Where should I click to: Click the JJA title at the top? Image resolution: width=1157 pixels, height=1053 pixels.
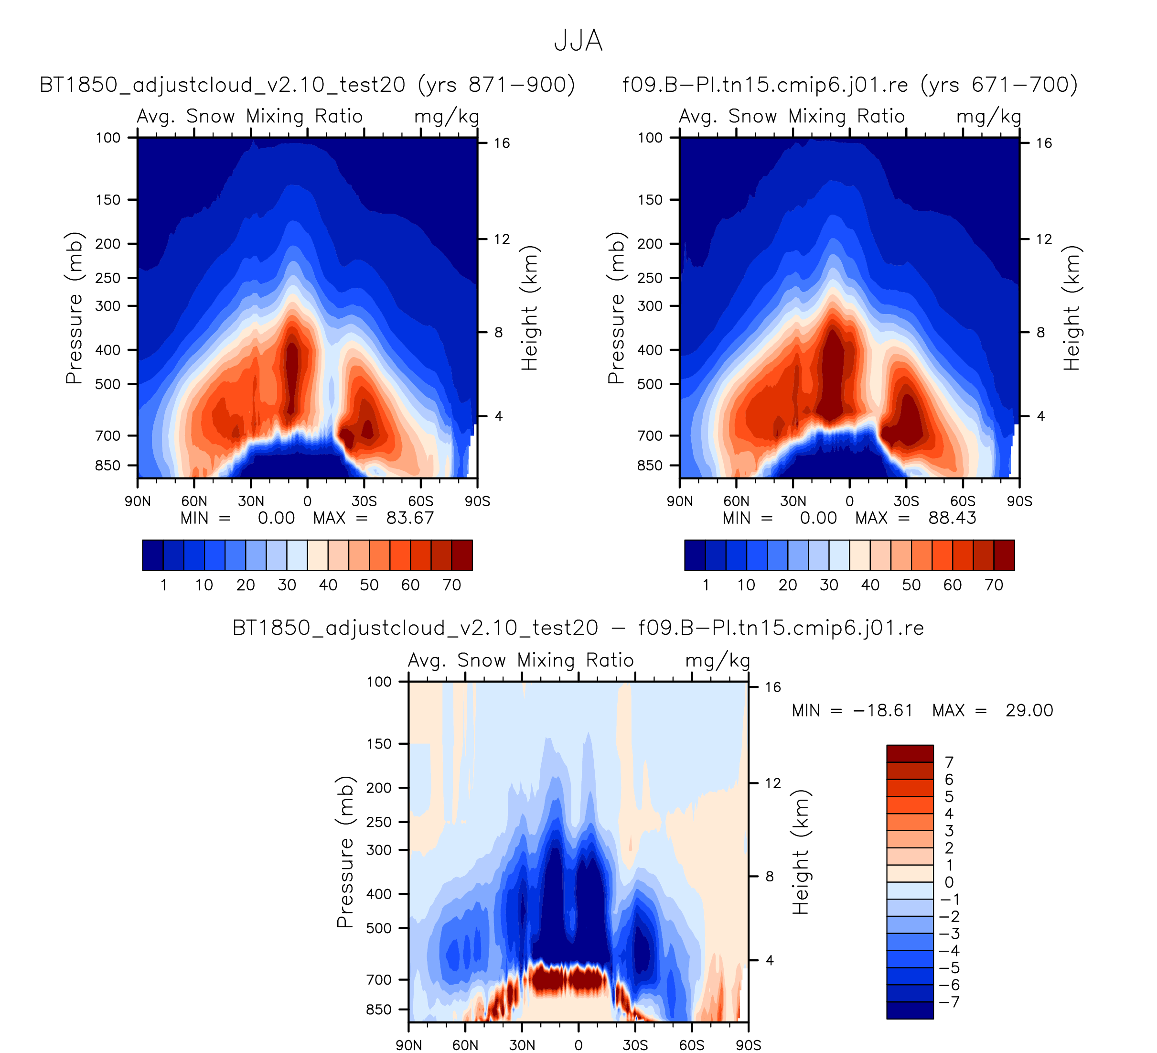click(578, 41)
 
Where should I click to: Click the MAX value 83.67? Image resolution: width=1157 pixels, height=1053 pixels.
click(410, 519)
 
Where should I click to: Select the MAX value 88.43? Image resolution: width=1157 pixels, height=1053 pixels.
click(952, 519)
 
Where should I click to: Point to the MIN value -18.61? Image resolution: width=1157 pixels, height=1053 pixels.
click(883, 711)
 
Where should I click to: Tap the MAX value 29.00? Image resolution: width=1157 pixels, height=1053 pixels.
click(1029, 711)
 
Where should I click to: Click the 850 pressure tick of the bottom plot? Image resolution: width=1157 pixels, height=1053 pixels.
click(379, 1010)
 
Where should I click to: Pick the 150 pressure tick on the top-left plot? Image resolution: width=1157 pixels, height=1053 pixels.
click(108, 200)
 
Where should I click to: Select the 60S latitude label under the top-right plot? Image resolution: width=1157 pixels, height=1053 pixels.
click(963, 502)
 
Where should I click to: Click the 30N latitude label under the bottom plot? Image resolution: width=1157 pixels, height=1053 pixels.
click(522, 1045)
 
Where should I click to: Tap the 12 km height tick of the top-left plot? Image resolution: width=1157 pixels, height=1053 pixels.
click(502, 239)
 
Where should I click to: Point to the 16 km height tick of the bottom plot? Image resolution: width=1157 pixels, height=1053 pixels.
click(773, 687)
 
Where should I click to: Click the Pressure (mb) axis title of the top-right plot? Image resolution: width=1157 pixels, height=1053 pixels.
click(616, 308)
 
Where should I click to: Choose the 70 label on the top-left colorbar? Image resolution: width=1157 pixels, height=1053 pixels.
click(451, 585)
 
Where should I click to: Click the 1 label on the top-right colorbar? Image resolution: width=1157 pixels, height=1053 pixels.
click(706, 585)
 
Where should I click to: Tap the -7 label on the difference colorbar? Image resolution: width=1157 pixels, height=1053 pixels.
click(951, 1002)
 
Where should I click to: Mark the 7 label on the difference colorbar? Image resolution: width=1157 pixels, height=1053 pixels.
click(949, 762)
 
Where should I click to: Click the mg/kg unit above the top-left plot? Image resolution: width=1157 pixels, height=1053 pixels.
click(447, 117)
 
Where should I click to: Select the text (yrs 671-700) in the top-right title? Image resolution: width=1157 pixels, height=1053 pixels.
click(999, 85)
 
